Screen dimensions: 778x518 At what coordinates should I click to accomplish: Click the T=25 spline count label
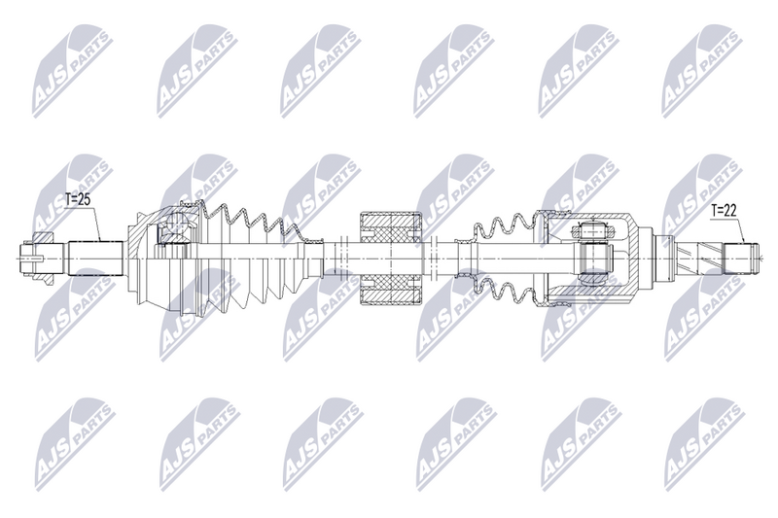click(78, 200)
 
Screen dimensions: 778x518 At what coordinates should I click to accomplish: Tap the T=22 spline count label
click(723, 210)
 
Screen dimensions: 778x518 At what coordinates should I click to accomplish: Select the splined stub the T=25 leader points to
click(95, 259)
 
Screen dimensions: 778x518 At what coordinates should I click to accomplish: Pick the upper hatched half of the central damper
click(391, 229)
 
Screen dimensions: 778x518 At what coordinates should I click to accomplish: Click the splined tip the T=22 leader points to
click(742, 259)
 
